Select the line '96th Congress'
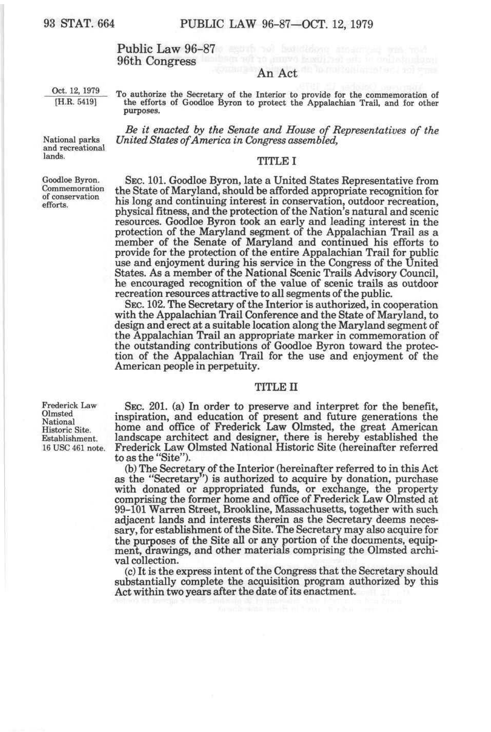156,61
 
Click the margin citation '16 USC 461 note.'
73,447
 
